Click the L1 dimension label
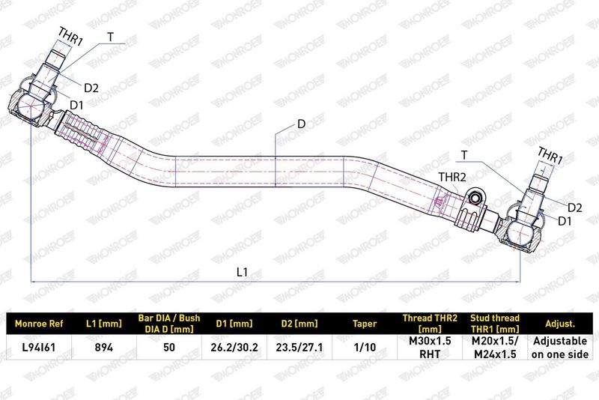242,272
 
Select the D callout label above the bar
302,124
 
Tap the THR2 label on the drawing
452,177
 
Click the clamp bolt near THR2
475,198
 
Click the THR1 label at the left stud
70,37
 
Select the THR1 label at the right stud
550,156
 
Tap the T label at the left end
110,37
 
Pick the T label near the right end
464,155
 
